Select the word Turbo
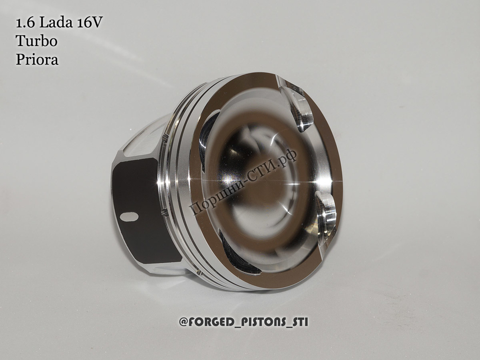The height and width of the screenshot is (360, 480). (36, 41)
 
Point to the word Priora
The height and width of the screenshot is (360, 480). (37, 59)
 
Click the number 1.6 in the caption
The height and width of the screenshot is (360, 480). (26, 23)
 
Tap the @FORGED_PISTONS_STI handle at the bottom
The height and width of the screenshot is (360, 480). (244, 322)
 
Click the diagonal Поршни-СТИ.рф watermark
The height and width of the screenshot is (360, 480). (243, 180)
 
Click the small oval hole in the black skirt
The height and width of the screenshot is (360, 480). (129, 216)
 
